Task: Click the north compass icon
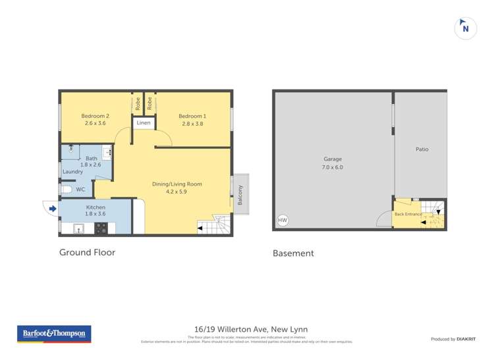click(466, 28)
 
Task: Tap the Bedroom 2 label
click(95, 116)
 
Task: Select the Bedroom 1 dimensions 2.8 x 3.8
click(192, 123)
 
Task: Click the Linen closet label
click(144, 123)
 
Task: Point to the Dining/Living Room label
click(177, 184)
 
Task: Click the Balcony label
click(240, 193)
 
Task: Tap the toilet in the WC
click(65, 190)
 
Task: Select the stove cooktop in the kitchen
click(102, 228)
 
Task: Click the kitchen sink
click(78, 228)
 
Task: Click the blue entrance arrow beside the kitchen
click(53, 209)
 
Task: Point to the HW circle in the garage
click(283, 220)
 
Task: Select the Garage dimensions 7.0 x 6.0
click(333, 167)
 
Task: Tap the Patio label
click(422, 149)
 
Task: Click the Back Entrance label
click(408, 215)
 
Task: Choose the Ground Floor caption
click(87, 252)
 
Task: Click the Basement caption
click(293, 253)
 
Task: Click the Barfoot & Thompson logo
click(54, 334)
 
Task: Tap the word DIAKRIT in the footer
click(466, 339)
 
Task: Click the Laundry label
click(72, 172)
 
